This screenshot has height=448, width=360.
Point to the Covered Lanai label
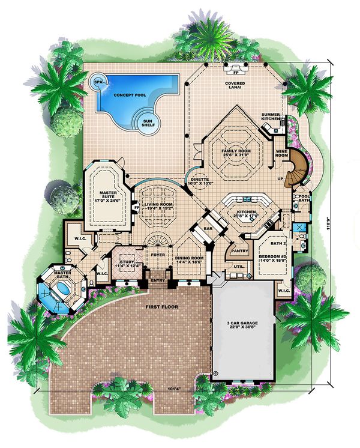(234, 85)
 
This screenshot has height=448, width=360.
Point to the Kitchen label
(247, 213)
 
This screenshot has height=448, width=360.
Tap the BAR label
(210, 229)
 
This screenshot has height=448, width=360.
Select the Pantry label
(239, 250)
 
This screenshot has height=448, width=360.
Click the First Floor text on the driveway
(156, 307)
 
